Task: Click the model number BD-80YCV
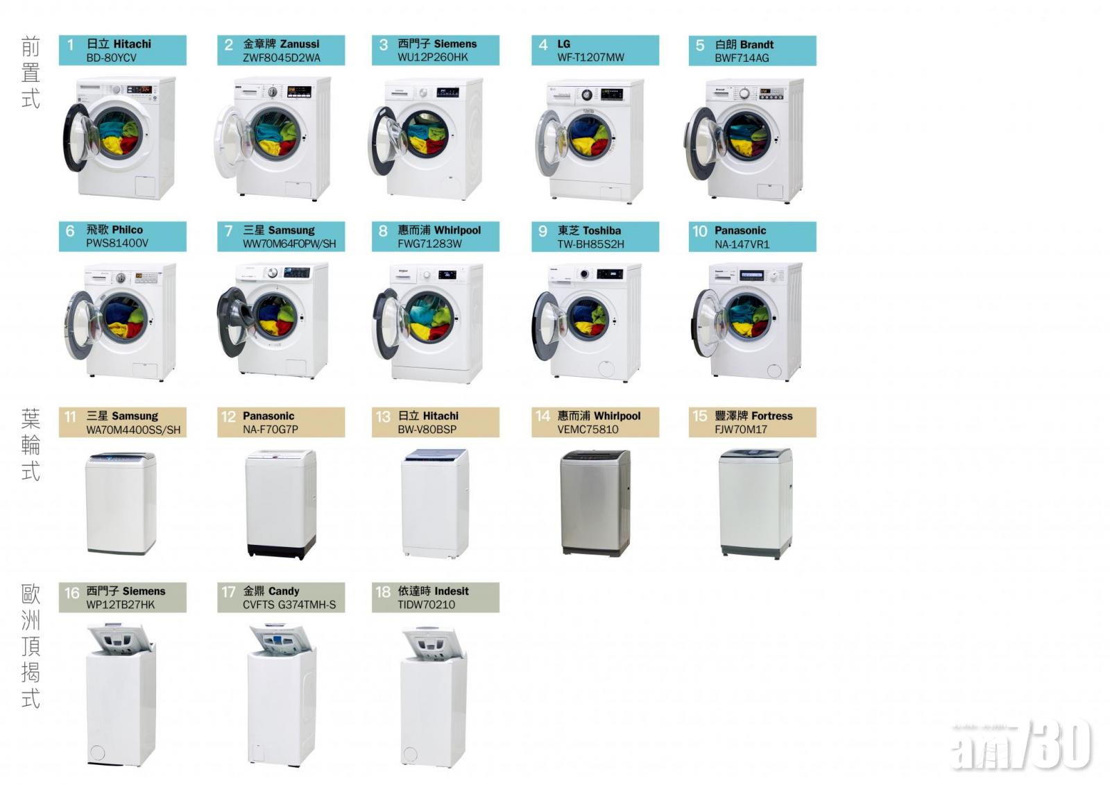[x=111, y=58]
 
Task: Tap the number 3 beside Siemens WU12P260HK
[x=383, y=45]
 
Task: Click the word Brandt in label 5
[x=757, y=44]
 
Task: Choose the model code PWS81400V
[x=117, y=244]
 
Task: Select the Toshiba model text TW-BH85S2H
[x=590, y=244]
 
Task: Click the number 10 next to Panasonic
[x=699, y=231]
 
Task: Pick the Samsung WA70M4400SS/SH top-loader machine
[x=121, y=503]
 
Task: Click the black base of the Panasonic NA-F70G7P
[x=281, y=551]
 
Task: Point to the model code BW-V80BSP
[x=427, y=430]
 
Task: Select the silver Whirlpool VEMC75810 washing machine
[x=595, y=503]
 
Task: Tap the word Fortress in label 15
[x=771, y=416]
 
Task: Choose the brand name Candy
[x=283, y=591]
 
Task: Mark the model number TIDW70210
[x=426, y=605]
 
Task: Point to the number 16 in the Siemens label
[x=71, y=593]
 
